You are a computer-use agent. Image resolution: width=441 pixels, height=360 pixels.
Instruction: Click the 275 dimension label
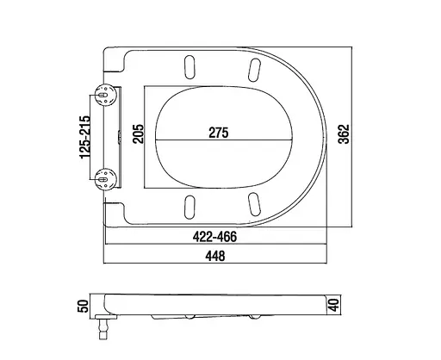click(x=219, y=133)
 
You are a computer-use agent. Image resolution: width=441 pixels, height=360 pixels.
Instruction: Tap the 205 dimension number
click(x=138, y=133)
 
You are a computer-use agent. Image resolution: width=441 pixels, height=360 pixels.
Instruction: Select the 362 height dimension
click(x=344, y=134)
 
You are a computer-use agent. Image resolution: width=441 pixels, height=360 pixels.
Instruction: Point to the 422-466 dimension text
click(x=214, y=237)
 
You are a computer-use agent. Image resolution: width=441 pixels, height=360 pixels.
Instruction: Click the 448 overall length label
click(x=215, y=256)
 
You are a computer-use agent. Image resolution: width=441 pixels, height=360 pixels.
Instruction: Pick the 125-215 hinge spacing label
click(x=84, y=137)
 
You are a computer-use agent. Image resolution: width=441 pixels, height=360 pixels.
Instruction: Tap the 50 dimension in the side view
click(x=84, y=306)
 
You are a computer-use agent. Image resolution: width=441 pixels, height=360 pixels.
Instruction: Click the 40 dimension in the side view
click(x=333, y=305)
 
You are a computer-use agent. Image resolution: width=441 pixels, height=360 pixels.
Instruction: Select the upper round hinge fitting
click(x=106, y=95)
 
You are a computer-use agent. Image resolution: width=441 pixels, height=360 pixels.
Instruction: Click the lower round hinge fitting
click(x=106, y=179)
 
